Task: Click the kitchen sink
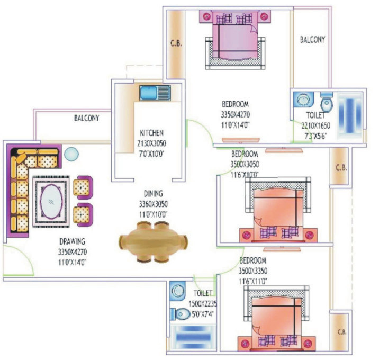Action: click(155, 92)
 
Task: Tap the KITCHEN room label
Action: click(151, 132)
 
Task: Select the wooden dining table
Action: click(154, 242)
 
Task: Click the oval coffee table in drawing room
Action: click(50, 201)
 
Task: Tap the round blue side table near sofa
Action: click(72, 155)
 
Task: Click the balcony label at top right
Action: click(312, 40)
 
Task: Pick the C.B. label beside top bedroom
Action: click(175, 44)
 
